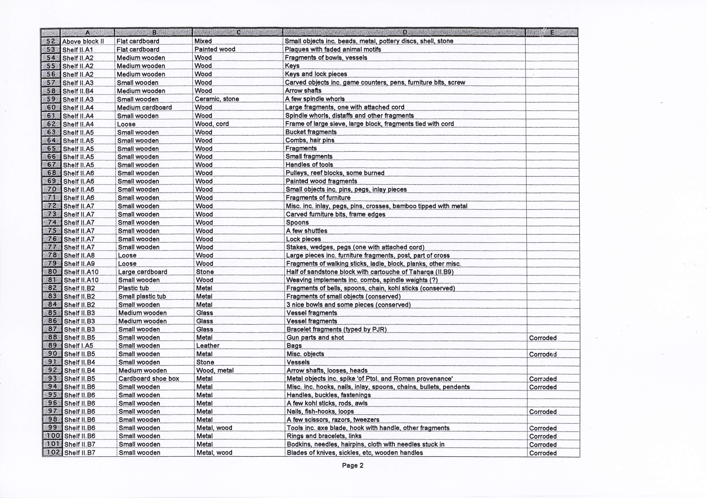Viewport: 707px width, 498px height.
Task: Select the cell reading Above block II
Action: (x=83, y=42)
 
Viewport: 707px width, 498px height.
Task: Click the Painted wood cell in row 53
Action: (x=215, y=49)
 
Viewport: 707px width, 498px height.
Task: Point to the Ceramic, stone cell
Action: (x=217, y=99)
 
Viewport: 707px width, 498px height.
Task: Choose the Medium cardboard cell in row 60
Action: (x=144, y=107)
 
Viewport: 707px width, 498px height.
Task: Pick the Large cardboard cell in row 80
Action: (x=143, y=272)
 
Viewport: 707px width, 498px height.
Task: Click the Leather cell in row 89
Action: (x=208, y=346)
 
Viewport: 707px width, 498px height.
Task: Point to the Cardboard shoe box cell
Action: (x=149, y=379)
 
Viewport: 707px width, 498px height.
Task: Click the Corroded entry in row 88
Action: (x=543, y=338)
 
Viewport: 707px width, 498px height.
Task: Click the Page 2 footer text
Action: (x=353, y=465)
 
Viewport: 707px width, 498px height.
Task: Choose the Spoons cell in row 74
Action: (x=297, y=222)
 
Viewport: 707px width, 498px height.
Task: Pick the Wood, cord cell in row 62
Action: (x=212, y=124)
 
